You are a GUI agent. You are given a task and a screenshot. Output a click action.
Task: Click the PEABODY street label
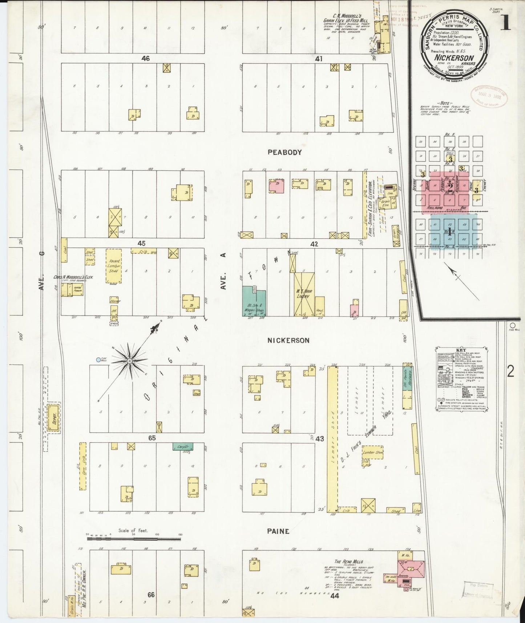click(284, 152)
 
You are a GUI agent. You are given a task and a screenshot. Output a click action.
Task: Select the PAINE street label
click(278, 531)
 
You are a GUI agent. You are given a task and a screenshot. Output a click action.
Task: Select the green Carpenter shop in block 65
click(182, 446)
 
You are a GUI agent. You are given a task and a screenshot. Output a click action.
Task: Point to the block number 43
click(319, 439)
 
